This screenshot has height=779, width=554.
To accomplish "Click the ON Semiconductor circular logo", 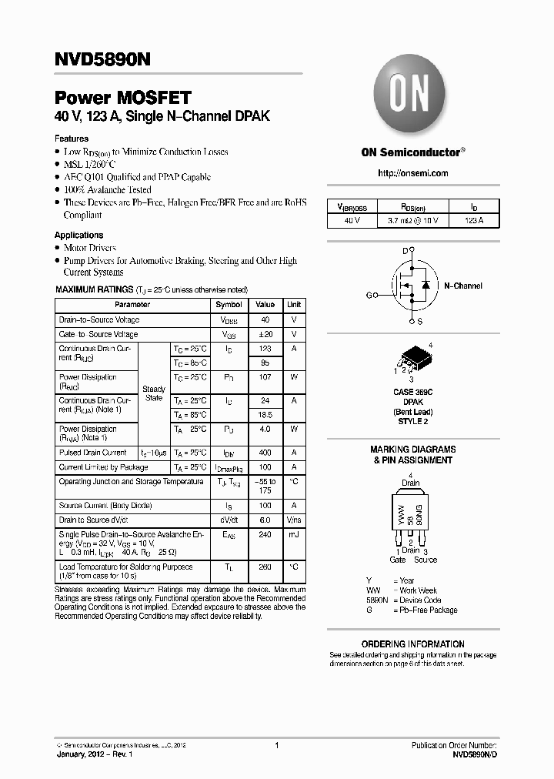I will (x=411, y=98).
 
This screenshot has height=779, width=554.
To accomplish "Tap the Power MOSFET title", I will (x=122, y=98).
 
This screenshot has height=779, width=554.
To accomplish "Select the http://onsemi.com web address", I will (x=412, y=173).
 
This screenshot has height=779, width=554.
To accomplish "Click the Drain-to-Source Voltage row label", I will (x=99, y=319).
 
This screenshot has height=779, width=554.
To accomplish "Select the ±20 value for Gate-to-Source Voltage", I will (x=265, y=334).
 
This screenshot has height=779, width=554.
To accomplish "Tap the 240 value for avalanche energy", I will (x=265, y=533).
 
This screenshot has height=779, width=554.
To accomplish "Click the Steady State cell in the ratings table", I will (x=154, y=393).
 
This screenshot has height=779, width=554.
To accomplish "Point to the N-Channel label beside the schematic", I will (x=463, y=286).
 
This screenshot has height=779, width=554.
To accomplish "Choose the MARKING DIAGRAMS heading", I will (x=412, y=450).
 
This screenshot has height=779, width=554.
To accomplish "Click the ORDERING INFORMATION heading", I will (x=412, y=644).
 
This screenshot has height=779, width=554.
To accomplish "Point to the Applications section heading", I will (x=78, y=235).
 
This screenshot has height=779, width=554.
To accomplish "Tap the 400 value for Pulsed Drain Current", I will (x=265, y=453).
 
